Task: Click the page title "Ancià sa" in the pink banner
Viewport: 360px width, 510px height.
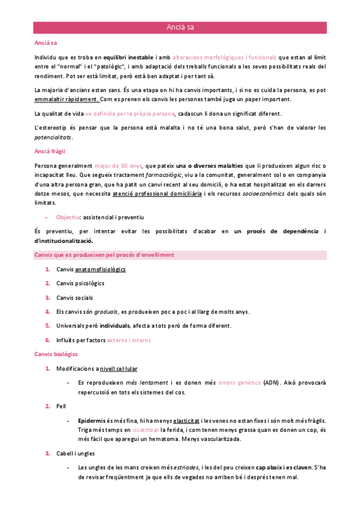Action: coord(180,27)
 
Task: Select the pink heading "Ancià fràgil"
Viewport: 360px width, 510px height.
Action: coord(50,152)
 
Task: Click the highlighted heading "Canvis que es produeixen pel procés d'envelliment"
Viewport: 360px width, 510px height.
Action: coord(105,254)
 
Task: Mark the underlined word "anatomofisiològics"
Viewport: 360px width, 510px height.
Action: coord(100,269)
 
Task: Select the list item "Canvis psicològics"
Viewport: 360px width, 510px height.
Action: coord(80,283)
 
